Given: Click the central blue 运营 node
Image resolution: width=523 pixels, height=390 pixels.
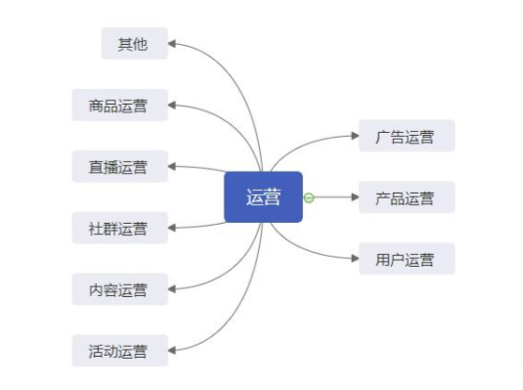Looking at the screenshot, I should pos(263,197).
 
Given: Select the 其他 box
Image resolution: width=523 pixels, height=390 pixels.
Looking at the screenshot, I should pos(134,43).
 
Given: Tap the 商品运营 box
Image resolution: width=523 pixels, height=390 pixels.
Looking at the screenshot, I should pos(119,105).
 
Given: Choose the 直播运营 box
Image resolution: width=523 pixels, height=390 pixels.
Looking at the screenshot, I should pos(119,166).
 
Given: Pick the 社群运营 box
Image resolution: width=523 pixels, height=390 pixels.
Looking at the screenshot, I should pos(119,229).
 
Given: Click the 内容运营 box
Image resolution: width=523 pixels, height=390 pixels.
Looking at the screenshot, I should pos(119,289).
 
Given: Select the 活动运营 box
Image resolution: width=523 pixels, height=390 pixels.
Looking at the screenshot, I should pos(119,350).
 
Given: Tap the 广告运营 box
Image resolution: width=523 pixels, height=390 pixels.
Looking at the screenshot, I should pos(406,136).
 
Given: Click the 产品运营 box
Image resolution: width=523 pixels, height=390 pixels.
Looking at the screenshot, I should pos(406,197).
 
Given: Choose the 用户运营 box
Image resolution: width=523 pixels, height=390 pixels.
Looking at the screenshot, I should pos(406,259).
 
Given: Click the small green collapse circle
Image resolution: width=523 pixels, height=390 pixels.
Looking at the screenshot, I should pos(309,197).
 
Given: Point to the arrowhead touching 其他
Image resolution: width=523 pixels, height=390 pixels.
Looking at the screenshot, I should pos(172,43).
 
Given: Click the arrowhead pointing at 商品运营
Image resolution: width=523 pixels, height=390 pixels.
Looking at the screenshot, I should pos(172,105).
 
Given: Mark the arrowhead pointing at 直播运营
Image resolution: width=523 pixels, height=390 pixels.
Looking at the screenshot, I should pos(172,166).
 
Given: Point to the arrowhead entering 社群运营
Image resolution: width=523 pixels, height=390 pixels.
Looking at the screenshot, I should pos(172,229).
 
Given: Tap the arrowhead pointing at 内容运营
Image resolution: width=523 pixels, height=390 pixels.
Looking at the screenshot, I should pos(172,289).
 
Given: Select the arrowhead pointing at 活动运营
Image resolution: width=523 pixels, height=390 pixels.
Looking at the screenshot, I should pos(172,350).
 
